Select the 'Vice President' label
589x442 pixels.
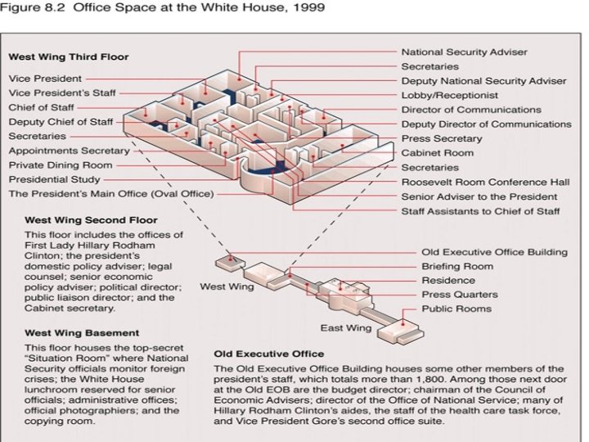45,79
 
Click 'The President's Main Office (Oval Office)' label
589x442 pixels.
110,194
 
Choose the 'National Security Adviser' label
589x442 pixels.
463,52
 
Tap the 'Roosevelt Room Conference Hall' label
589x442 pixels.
485,182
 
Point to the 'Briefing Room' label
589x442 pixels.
457,266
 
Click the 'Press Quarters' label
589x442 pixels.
459,295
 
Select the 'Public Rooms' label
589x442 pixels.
456,309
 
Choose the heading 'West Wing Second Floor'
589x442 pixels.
91,220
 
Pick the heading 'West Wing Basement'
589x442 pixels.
81,333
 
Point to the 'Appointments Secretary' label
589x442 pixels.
69,151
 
